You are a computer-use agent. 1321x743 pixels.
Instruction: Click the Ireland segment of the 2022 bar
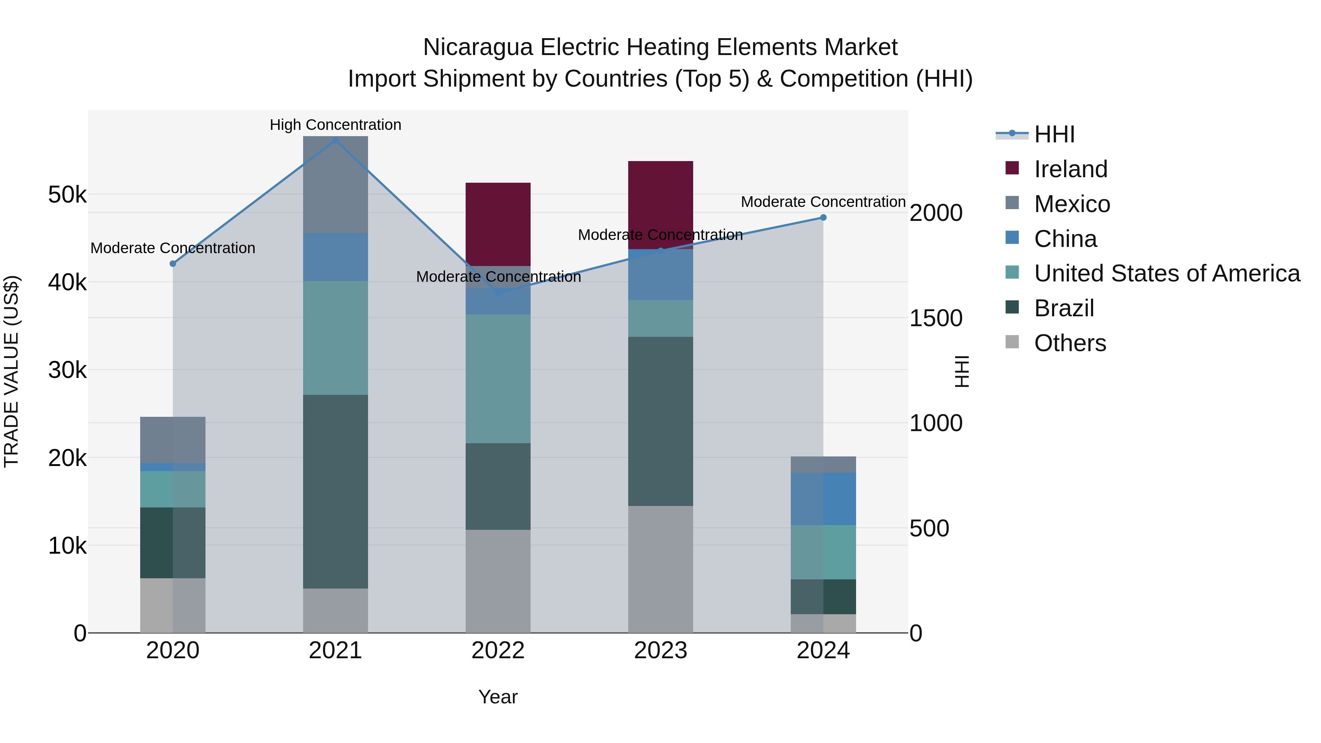coord(498,224)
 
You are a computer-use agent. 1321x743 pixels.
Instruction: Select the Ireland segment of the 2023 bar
coord(660,205)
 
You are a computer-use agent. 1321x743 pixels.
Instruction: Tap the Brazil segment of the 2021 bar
coord(335,491)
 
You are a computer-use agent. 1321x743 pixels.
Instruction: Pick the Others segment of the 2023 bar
coord(660,569)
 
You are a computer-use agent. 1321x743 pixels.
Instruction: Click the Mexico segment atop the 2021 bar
coord(335,185)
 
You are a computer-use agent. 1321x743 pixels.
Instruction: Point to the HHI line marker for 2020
coord(173,263)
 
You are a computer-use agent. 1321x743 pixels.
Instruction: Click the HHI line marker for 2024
coord(823,218)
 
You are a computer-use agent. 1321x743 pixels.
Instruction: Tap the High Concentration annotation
coord(335,125)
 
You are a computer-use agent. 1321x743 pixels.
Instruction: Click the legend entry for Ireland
coord(1070,169)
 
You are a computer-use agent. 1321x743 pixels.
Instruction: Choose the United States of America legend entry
coord(1167,273)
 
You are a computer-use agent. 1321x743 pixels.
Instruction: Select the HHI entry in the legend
coord(1054,134)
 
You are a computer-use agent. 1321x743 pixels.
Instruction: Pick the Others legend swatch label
coord(1070,343)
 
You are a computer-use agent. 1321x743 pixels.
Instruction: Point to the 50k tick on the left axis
coord(67,195)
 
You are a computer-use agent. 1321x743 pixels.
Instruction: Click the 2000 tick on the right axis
coord(935,213)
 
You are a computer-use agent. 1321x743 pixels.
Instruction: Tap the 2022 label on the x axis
coord(498,651)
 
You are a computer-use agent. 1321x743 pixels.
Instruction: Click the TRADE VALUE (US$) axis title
coord(11,371)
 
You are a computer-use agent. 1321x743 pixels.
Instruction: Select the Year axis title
coord(498,697)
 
